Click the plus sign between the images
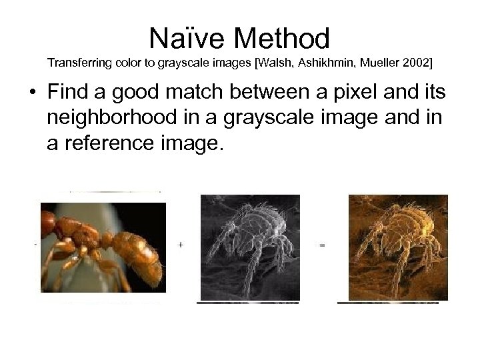(181, 245)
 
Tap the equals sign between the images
(323, 245)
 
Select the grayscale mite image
(250, 247)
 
